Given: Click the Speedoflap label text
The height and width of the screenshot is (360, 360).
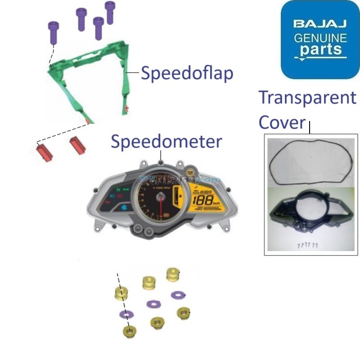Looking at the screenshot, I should pyautogui.click(x=187, y=72).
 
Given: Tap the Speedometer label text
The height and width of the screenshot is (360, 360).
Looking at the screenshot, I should pyautogui.click(x=166, y=141).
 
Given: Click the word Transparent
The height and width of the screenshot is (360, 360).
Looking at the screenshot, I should pyautogui.click(x=307, y=98).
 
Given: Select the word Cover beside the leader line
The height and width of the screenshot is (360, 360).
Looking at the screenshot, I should pyautogui.click(x=282, y=122).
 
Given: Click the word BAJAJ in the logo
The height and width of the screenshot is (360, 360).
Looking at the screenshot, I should pyautogui.click(x=320, y=23).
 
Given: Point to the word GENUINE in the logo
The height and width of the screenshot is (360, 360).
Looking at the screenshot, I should pyautogui.click(x=320, y=38).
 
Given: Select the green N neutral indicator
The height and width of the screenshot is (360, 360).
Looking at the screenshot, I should pyautogui.click(x=118, y=190).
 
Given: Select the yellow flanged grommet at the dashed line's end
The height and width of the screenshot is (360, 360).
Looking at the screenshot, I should pyautogui.click(x=130, y=332).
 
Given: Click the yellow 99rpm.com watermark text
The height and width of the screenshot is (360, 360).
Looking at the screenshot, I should pyautogui.click(x=180, y=180).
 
